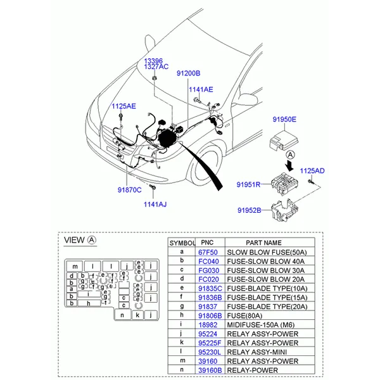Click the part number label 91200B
point(188,73)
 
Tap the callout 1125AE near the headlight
point(123,106)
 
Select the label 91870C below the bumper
point(129,189)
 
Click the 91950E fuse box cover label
point(284,119)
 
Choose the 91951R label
point(249,184)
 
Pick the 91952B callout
point(250,210)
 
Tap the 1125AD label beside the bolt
point(312,171)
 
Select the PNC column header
point(207,243)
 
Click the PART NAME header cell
point(263,243)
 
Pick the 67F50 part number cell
point(207,251)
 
